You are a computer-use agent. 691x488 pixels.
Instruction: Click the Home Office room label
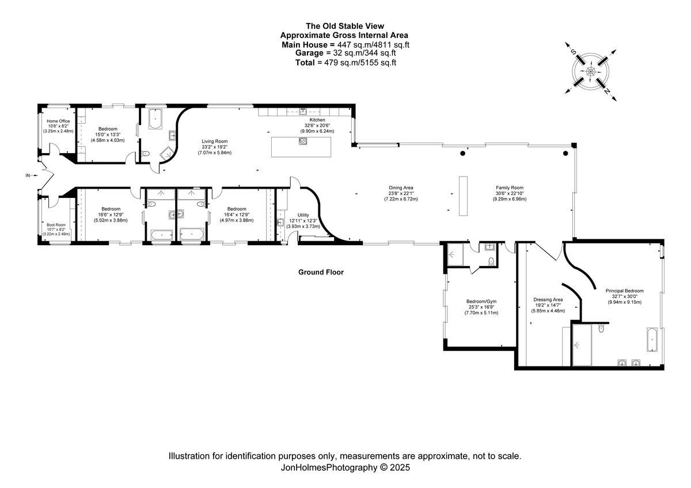pos(58,121)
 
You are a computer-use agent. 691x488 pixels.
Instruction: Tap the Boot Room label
pos(56,225)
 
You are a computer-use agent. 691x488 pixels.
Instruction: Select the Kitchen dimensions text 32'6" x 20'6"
pos(317,125)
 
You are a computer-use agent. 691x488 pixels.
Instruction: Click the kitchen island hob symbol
pos(303,141)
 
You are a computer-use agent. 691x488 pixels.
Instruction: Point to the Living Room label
pos(215,141)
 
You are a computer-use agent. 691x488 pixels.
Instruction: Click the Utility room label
pos(303,215)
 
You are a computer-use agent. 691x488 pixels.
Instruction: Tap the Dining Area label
pos(401,188)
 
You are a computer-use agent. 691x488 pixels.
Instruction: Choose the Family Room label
pos(510,188)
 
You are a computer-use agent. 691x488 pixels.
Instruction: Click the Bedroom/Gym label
pos(481,302)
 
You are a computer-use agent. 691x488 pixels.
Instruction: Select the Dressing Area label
pos(548,299)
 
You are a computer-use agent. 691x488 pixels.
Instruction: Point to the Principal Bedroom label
pos(625,291)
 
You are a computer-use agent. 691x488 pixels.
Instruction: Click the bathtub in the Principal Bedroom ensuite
pos(652,340)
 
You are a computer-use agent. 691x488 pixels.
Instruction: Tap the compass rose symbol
pos(590,71)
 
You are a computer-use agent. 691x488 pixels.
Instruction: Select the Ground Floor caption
pos(321,272)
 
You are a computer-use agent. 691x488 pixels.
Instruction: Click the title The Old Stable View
pos(345,26)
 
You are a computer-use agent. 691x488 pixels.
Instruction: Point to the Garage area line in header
pos(345,53)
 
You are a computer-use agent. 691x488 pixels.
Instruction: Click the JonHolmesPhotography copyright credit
pos(345,468)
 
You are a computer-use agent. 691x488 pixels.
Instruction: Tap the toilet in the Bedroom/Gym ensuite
pos(491,262)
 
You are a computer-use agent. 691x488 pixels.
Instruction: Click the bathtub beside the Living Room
pos(155,119)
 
